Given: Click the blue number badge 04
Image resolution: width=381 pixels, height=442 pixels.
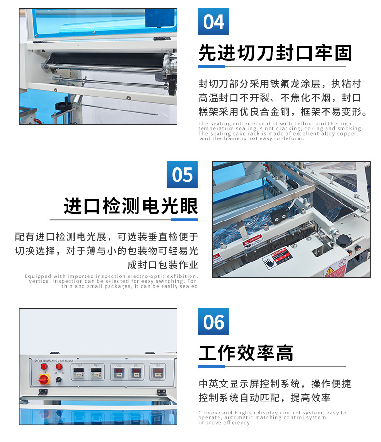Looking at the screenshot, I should (x=214, y=22).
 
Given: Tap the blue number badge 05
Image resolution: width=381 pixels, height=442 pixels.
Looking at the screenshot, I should (x=182, y=175).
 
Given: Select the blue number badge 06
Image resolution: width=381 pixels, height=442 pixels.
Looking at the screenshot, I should (x=214, y=322).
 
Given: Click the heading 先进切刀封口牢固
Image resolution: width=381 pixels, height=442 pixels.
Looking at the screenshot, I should (x=275, y=54).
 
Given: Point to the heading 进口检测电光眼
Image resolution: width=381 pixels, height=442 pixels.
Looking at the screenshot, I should (x=131, y=206).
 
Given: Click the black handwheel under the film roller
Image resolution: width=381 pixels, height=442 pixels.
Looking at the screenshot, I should (x=61, y=106).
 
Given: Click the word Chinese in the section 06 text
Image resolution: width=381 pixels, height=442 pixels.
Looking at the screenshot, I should (x=209, y=413).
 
